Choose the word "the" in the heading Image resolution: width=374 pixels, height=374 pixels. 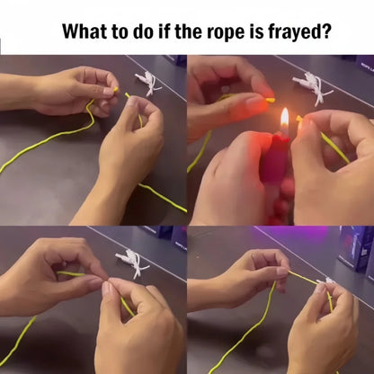tap(202, 31)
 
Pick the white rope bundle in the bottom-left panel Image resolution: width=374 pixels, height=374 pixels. tap(133, 261)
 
